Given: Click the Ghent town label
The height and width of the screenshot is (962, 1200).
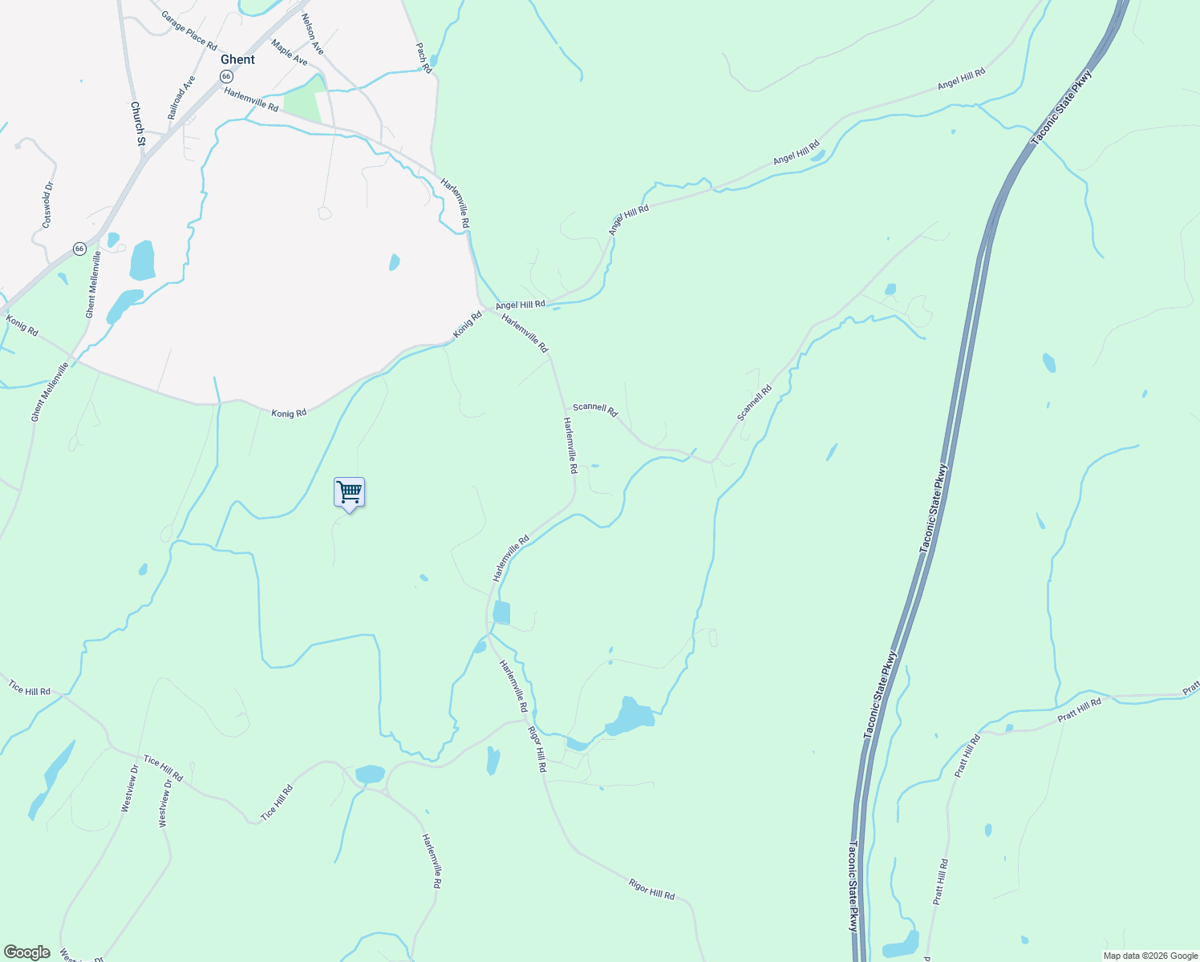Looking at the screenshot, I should pos(237,59).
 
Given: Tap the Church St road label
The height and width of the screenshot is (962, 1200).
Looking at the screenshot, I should pos(137,123).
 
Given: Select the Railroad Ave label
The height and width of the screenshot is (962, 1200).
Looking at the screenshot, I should pos(181,98).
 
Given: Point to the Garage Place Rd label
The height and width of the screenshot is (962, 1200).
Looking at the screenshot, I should pos(189,30).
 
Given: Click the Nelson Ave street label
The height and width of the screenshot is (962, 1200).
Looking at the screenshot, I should pos(312,34).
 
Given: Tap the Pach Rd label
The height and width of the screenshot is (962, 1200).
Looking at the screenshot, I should pos(424,59).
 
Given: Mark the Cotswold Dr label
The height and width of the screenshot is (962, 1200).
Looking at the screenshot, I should pos(47,204).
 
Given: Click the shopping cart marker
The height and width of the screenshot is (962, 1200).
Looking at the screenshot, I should pos(350,492).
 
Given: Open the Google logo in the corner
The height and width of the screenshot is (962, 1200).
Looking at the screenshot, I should pos(27,952).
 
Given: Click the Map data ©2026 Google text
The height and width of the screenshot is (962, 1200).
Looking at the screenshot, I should pos(1150,956).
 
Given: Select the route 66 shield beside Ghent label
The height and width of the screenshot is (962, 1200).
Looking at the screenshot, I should pos(226,76).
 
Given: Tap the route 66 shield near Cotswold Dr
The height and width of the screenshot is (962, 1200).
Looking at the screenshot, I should pos(79,249).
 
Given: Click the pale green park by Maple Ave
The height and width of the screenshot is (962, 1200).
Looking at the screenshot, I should pos(302,103).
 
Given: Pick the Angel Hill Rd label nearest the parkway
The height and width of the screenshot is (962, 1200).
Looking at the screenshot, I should pos(961,79).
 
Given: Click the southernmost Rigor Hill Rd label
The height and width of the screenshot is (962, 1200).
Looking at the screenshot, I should pos(651,890).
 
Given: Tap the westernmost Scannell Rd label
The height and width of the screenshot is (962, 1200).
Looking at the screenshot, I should pos(595,409).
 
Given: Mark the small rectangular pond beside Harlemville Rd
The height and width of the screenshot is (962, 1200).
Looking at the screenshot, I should pos(501,612).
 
